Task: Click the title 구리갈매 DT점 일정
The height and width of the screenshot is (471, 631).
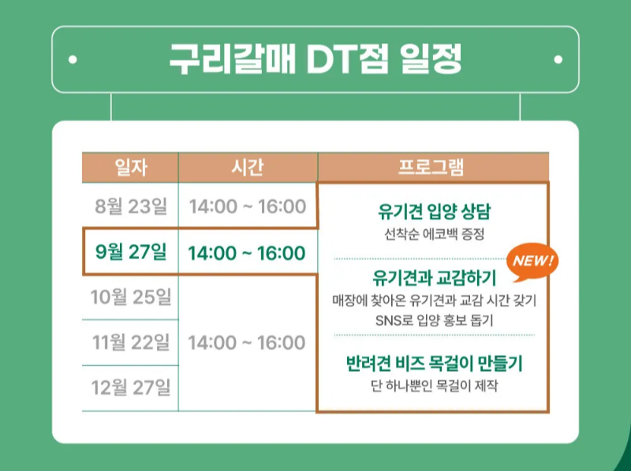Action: (315, 58)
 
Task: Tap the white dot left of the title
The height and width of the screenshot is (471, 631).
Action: (73, 59)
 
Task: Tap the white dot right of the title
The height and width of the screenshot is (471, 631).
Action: (558, 59)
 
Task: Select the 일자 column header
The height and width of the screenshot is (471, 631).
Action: (130, 167)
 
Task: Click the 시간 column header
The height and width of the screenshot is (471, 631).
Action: (248, 167)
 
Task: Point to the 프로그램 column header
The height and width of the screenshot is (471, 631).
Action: (432, 167)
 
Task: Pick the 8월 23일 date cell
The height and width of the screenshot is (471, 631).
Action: (131, 206)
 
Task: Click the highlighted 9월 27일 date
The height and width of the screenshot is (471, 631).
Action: (131, 252)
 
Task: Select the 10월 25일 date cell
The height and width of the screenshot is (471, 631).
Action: (131, 297)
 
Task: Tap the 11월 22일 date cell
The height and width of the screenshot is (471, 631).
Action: (131, 342)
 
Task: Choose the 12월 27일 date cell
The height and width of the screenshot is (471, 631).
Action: (131, 388)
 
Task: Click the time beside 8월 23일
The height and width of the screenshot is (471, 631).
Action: (248, 206)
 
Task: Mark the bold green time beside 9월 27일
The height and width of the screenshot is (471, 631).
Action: (247, 253)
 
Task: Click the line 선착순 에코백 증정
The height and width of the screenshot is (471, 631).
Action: (434, 235)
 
